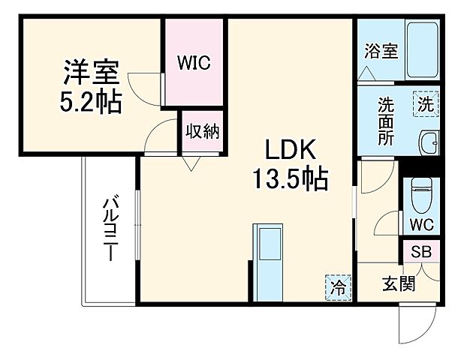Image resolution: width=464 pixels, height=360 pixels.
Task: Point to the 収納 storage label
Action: coord(201,132)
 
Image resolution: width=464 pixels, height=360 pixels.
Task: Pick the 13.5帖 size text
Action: coord(288,178)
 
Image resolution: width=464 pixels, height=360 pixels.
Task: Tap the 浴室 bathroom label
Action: coord(381,51)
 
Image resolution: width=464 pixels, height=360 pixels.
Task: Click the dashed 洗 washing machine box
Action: coord(425,105)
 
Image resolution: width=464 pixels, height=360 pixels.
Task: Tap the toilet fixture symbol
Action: coord(422,196)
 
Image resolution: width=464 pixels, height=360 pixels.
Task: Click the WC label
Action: coord(421,224)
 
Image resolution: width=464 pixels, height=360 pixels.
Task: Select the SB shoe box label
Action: coord(421,253)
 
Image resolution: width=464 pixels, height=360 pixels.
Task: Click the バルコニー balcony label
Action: coord(110,228)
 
